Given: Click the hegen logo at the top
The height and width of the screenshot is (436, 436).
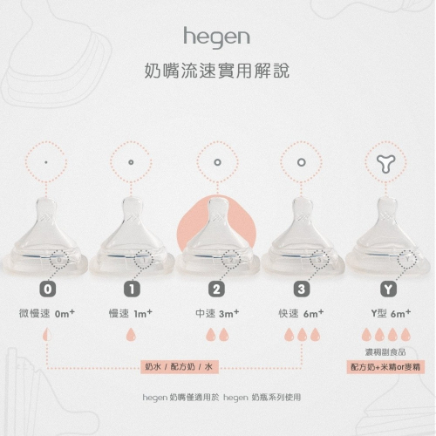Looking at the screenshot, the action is (x=216, y=37).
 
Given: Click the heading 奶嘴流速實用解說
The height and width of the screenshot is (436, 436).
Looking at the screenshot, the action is (x=217, y=71).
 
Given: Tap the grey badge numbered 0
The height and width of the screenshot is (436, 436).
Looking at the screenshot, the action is (x=48, y=290).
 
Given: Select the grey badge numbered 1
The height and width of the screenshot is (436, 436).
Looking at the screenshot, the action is (x=132, y=290).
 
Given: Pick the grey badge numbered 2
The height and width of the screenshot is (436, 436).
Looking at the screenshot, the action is (x=216, y=290).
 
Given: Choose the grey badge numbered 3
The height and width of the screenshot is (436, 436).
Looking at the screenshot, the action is (x=302, y=290).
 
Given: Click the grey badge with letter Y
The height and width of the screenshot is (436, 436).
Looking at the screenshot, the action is (x=389, y=290).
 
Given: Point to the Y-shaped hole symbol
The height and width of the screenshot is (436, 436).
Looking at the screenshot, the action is (x=385, y=163).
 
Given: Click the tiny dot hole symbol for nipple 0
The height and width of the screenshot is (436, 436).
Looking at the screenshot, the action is (x=46, y=162).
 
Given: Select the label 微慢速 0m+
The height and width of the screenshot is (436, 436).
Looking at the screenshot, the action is (x=47, y=314).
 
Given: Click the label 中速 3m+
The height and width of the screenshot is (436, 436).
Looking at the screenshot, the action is (x=217, y=314).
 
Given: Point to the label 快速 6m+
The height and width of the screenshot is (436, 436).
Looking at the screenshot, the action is (x=301, y=314).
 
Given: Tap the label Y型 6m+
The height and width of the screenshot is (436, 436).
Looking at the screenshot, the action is (x=391, y=314).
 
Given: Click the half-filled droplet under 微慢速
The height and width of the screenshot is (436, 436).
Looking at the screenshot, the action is (x=47, y=335).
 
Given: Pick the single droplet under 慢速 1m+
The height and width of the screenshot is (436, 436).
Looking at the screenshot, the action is (x=131, y=335).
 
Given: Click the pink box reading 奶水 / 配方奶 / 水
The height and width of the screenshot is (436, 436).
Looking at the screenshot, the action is (x=180, y=367).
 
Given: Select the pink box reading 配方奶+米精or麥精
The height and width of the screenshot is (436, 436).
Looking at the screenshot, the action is (x=385, y=367).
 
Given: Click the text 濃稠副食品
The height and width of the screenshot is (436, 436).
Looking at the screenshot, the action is (x=385, y=352).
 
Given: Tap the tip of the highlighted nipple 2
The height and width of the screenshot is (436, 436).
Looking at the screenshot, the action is (x=217, y=200).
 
